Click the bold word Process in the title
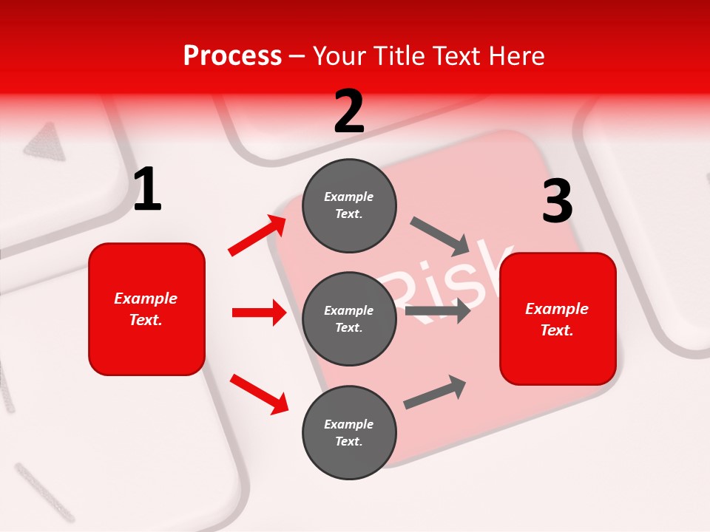(x=232, y=56)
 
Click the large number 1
(x=147, y=190)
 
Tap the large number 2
(x=349, y=112)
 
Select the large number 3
(x=557, y=201)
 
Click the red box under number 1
(x=146, y=309)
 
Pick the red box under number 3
(x=558, y=318)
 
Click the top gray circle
(x=349, y=205)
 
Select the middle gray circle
(x=349, y=318)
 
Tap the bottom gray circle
(x=349, y=432)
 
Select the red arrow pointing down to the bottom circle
(x=260, y=394)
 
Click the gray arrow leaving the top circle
(x=439, y=235)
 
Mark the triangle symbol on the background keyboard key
(x=44, y=140)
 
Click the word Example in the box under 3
(x=557, y=309)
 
